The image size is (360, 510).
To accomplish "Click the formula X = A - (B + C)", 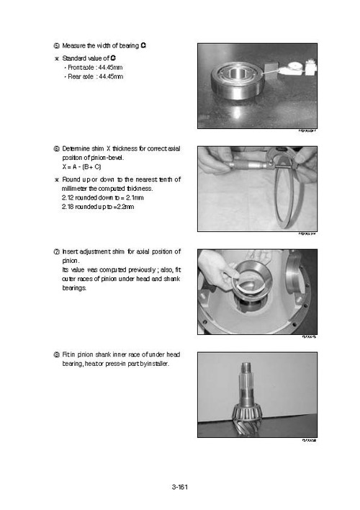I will tap(82, 166).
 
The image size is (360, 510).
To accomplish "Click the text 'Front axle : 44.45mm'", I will tap(94, 66).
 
